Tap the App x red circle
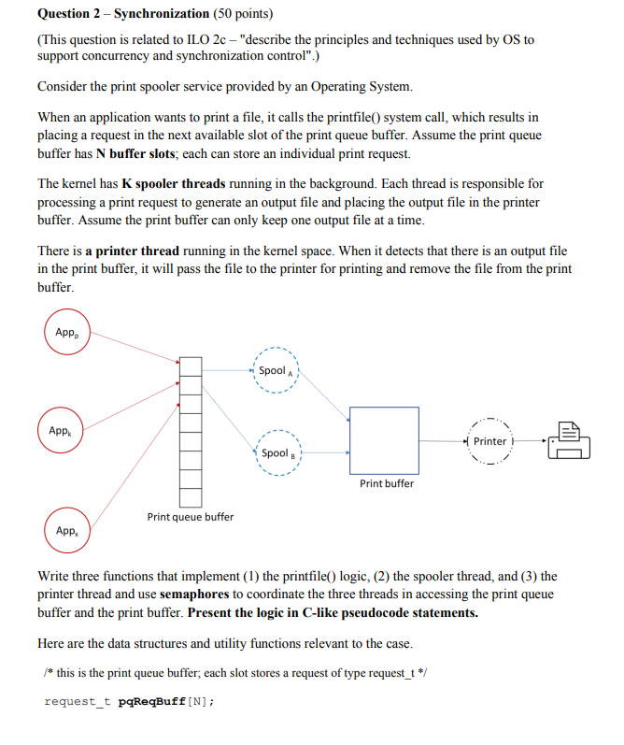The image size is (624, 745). pyautogui.click(x=66, y=530)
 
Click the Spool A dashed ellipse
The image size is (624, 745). pyautogui.click(x=275, y=371)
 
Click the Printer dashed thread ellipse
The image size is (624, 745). pyautogui.click(x=489, y=441)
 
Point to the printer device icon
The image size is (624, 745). pyautogui.click(x=569, y=440)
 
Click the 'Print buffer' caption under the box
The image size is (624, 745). pyautogui.click(x=387, y=483)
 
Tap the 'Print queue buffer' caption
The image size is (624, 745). pyautogui.click(x=191, y=517)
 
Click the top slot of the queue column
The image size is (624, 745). pyautogui.click(x=191, y=365)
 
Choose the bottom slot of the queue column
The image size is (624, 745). pyautogui.click(x=191, y=498)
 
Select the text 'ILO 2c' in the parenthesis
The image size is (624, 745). pyautogui.click(x=217, y=41)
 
